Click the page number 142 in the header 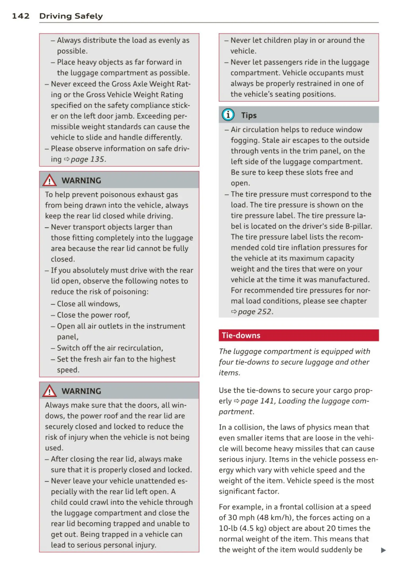[21, 16]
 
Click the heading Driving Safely [71, 16]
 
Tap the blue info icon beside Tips [228, 115]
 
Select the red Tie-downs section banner [298, 335]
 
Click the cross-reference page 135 [87, 159]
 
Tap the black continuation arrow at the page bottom [383, 550]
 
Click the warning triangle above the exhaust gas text [49, 180]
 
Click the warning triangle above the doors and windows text [49, 391]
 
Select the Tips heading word [249, 115]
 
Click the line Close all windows [89, 304]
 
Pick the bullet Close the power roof [93, 315]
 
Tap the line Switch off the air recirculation [110, 348]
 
